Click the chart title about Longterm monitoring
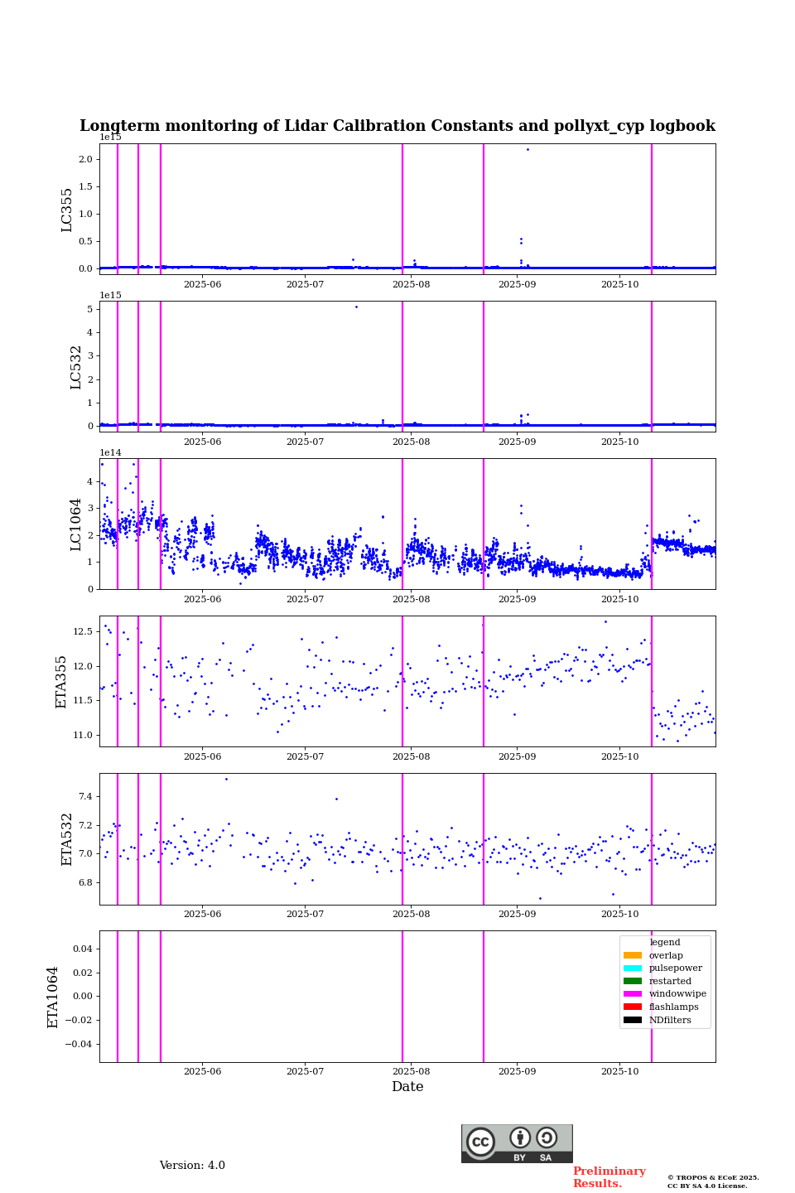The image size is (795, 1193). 397,126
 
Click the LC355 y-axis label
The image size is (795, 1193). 67,210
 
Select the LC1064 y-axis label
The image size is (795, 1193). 76,524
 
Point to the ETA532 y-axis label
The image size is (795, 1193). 67,839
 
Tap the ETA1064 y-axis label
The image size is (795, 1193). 53,997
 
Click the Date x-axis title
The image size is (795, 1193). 407,1087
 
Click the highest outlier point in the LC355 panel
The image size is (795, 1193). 528,149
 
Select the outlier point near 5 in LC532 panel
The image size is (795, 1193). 356,307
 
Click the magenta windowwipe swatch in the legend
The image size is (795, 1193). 632,994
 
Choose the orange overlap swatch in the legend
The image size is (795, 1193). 632,955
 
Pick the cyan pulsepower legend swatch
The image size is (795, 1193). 632,968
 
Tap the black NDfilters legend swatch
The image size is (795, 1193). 632,1020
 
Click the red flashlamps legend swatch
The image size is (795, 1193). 632,1007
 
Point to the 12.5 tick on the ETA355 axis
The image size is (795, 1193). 83,631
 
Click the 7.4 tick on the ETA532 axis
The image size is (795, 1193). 86,797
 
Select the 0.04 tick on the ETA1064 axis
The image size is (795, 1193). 83,949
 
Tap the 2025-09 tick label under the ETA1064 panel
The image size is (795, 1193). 517,1071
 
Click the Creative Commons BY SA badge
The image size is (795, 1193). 517,1143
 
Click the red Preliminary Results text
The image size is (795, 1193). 609,1177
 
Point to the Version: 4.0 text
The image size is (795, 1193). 192,1166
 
